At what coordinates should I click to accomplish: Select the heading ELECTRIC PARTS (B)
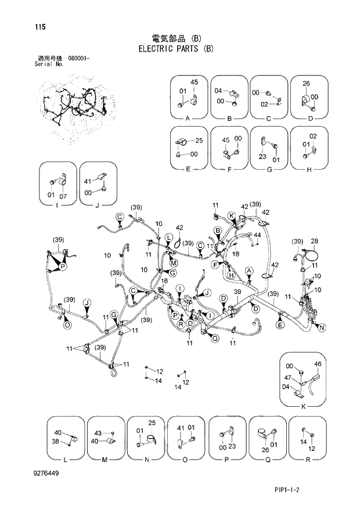pos(176,49)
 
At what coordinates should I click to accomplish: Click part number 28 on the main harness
pos(314,241)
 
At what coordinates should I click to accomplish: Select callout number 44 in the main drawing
pos(256,235)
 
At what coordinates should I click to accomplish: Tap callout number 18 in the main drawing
pos(236,254)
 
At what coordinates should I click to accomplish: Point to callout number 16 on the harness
pos(164,281)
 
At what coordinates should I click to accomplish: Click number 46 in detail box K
pos(318,364)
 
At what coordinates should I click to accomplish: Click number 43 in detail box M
pos(98,433)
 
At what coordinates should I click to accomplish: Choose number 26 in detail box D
pos(306,83)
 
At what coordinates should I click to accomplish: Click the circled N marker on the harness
pos(322,328)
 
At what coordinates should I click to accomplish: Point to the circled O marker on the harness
pos(67,325)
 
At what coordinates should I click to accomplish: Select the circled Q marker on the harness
pos(215,339)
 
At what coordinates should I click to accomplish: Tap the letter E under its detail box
pos(188,170)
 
